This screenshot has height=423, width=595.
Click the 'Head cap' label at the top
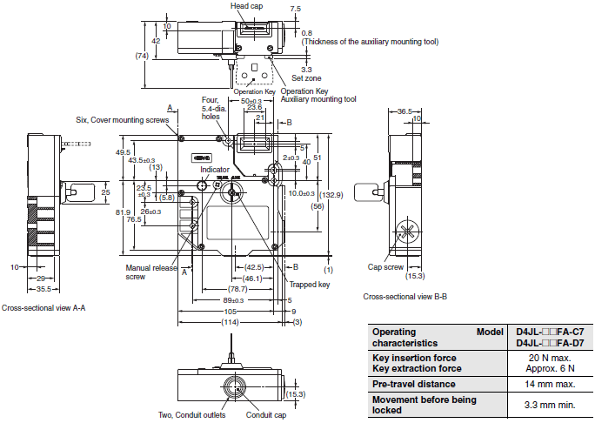[247, 5]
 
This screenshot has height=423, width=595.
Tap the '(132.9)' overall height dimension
[331, 194]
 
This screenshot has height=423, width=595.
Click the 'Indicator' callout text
[215, 169]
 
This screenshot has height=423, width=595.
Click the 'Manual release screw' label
[144, 272]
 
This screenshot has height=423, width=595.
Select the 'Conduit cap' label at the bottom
[265, 415]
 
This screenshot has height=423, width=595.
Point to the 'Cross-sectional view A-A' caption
[43, 308]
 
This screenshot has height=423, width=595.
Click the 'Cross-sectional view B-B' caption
[405, 297]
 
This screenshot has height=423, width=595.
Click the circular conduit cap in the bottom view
[236, 386]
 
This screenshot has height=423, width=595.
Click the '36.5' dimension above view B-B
[404, 111]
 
